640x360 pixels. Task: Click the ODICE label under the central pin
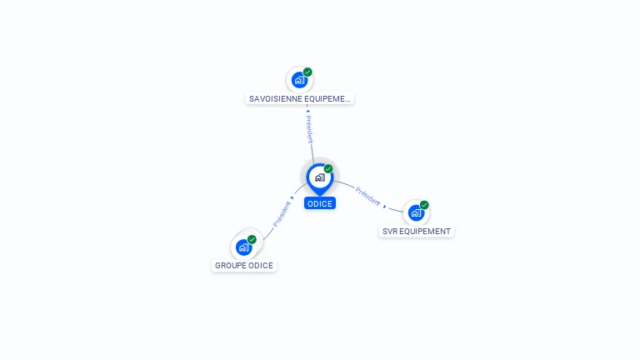(319, 203)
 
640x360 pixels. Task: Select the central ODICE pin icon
(319, 177)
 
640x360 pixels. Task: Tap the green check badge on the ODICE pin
(328, 169)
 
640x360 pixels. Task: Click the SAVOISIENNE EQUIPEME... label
(300, 98)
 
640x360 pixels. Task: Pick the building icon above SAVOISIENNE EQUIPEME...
(299, 80)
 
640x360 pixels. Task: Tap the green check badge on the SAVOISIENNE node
(307, 72)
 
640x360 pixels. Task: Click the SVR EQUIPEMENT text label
(416, 231)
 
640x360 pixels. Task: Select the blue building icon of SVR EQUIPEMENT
(416, 212)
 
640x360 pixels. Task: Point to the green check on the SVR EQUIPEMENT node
(424, 205)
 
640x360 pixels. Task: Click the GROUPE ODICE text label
(243, 265)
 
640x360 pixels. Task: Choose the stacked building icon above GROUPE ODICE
(243, 247)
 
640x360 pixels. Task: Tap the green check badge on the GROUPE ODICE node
(252, 239)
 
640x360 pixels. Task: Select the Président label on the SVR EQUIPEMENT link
(367, 197)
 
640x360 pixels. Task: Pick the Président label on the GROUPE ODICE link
(282, 213)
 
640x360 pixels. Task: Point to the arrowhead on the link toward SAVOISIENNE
(307, 111)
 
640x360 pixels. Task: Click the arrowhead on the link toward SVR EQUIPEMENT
(384, 206)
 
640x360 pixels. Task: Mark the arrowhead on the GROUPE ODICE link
(292, 198)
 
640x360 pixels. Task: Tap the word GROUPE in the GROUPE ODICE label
(231, 265)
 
